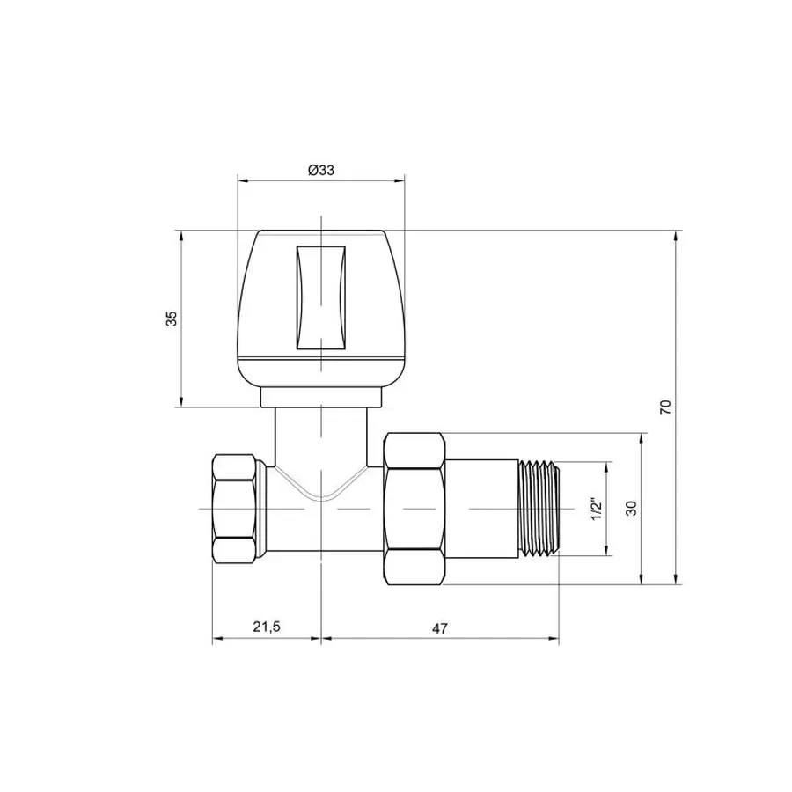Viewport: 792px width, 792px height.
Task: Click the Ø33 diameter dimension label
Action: [x=321, y=171]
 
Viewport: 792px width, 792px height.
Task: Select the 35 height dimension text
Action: [x=173, y=319]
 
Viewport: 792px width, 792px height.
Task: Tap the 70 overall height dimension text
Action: [x=665, y=407]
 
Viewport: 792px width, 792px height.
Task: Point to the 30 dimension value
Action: [x=631, y=508]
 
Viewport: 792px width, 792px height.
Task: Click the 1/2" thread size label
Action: [x=596, y=509]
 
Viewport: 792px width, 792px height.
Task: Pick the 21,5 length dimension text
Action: [x=266, y=627]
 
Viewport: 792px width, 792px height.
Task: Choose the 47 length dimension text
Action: [x=440, y=627]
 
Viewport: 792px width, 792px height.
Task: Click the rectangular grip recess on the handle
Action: [x=321, y=296]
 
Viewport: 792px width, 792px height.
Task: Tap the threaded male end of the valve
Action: [x=539, y=509]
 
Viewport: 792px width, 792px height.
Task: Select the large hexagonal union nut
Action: [x=414, y=509]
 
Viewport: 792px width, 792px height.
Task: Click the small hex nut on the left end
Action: [x=238, y=509]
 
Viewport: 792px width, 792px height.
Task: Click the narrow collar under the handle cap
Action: [x=321, y=398]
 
